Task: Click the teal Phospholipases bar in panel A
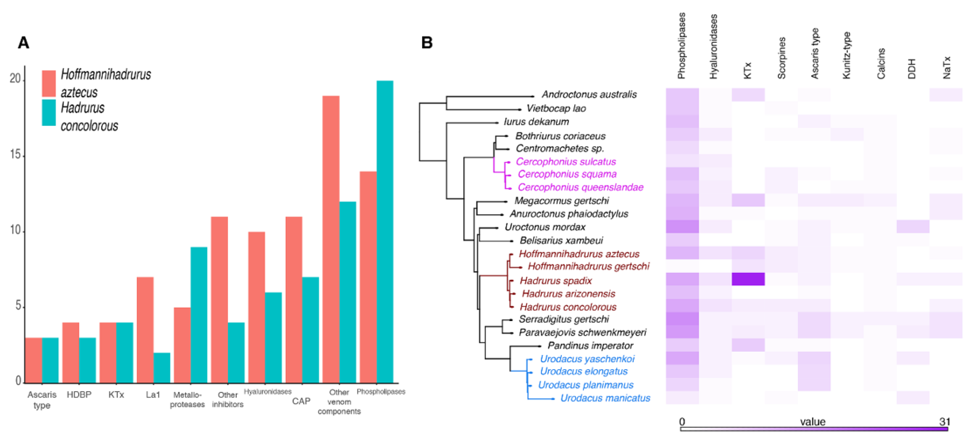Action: [x=385, y=232]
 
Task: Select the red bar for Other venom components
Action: [x=331, y=239]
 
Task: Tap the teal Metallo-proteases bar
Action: [x=199, y=315]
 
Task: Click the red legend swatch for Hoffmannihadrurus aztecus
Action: [x=49, y=83]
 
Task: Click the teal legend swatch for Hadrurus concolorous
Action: [x=49, y=112]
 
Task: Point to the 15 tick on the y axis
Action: [x=15, y=155]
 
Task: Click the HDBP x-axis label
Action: [x=79, y=395]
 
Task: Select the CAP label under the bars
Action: [x=301, y=401]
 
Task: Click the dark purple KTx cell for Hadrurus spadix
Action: [x=748, y=279]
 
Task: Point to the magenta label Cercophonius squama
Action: [x=567, y=174]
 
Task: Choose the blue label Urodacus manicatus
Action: [x=605, y=398]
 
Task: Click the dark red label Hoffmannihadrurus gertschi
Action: [x=588, y=266]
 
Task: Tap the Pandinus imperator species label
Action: [x=590, y=346]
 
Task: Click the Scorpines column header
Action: [x=781, y=58]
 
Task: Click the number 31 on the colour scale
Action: [x=945, y=421]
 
